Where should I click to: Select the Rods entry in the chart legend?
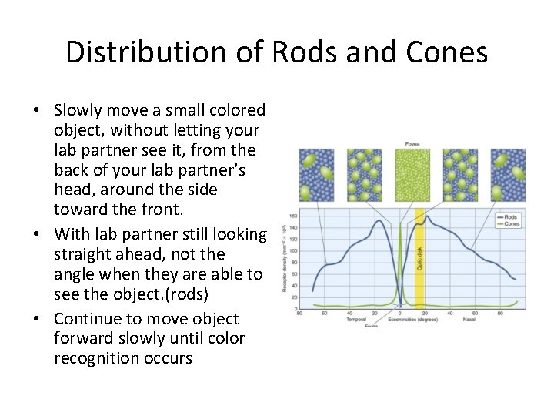coord(512,218)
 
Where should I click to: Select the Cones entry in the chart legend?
coord(512,224)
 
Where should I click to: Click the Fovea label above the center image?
coord(412,144)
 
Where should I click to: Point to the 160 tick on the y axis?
coord(293,217)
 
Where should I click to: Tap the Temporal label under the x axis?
coord(355,319)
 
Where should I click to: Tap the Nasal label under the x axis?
coord(469,319)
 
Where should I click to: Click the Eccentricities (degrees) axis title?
coord(412,319)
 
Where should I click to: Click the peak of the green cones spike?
coord(400,224)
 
